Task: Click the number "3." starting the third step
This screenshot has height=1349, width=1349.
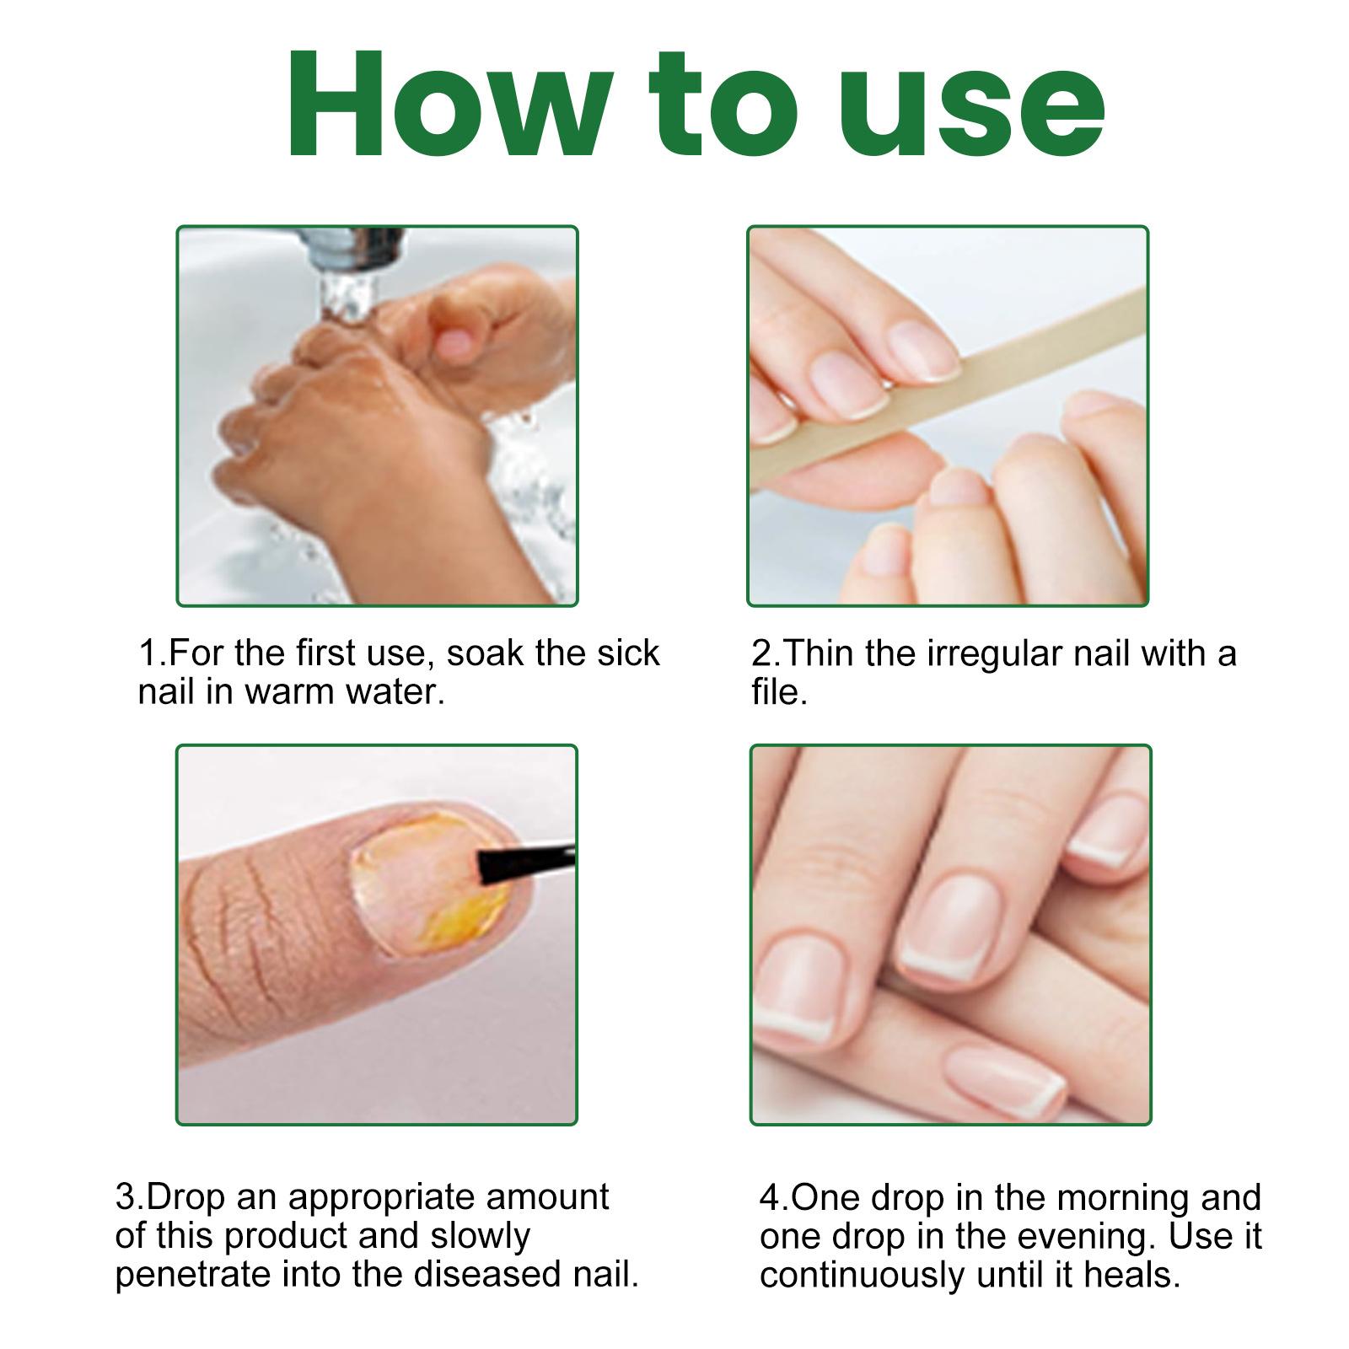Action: tap(131, 1198)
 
